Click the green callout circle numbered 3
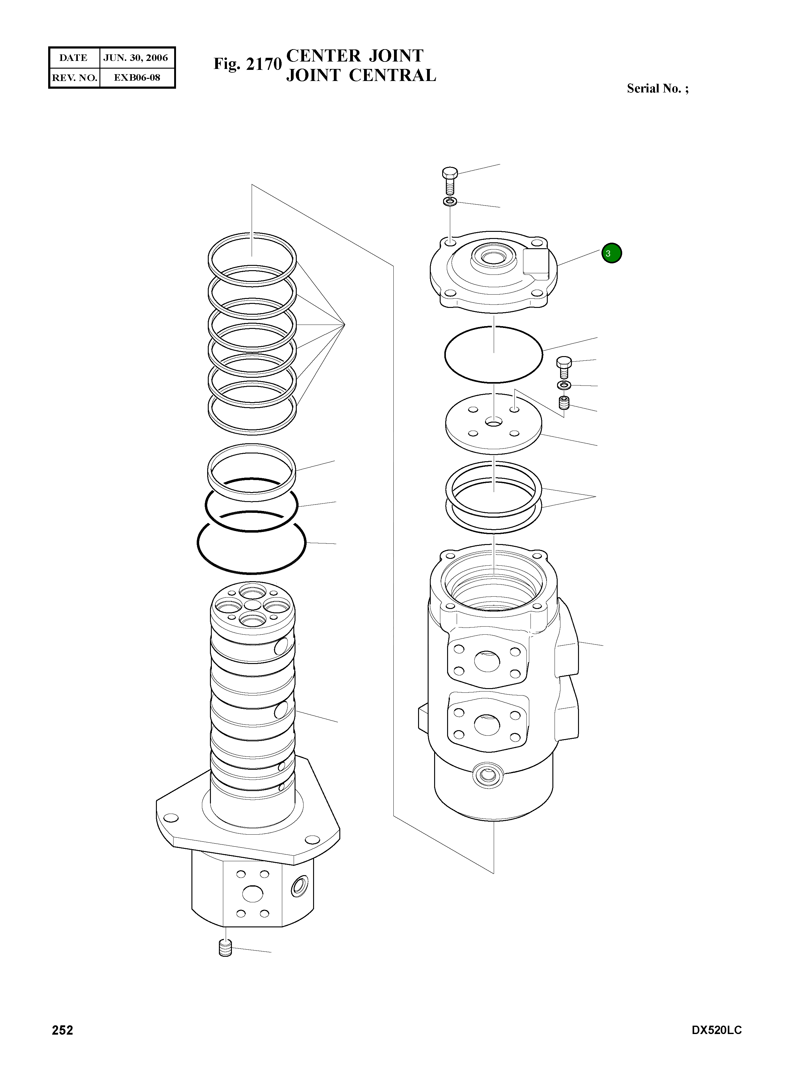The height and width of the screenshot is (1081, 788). click(611, 253)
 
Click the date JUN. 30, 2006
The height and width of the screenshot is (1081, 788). click(136, 58)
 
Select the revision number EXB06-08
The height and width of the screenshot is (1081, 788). click(137, 77)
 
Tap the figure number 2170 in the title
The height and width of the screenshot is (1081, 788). click(264, 64)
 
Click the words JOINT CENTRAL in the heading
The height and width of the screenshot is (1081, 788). click(361, 75)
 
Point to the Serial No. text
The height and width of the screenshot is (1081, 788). click(657, 88)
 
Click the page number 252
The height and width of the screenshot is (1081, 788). click(62, 1030)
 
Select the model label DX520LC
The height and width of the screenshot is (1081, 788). click(716, 1030)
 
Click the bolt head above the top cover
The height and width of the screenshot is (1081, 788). click(450, 172)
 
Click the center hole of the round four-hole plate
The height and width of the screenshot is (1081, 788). click(494, 422)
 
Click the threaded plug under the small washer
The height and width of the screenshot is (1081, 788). click(564, 403)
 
